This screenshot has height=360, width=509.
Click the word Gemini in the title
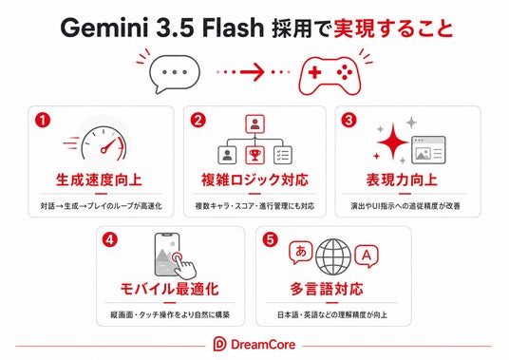(x=104, y=28)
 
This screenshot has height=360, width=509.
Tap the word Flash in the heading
(x=233, y=28)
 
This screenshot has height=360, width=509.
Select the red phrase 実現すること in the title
(x=393, y=28)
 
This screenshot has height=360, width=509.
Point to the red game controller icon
(x=330, y=75)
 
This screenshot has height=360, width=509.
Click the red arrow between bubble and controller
(x=253, y=72)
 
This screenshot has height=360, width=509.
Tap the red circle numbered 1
(x=43, y=120)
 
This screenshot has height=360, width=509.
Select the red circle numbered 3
(x=349, y=120)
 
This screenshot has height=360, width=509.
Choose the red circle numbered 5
(x=270, y=240)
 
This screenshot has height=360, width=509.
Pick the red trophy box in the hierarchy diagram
(x=254, y=155)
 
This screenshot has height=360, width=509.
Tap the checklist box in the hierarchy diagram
(x=283, y=155)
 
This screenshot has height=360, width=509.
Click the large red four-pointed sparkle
(x=393, y=142)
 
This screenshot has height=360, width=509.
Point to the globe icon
(x=333, y=256)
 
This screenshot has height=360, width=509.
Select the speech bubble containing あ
(x=300, y=252)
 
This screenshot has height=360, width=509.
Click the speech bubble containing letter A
(x=367, y=256)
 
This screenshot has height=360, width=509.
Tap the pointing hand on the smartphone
(x=183, y=265)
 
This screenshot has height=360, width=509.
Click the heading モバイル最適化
(x=169, y=289)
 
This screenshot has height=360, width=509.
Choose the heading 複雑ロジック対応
(x=254, y=180)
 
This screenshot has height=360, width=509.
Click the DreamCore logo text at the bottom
(x=263, y=345)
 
